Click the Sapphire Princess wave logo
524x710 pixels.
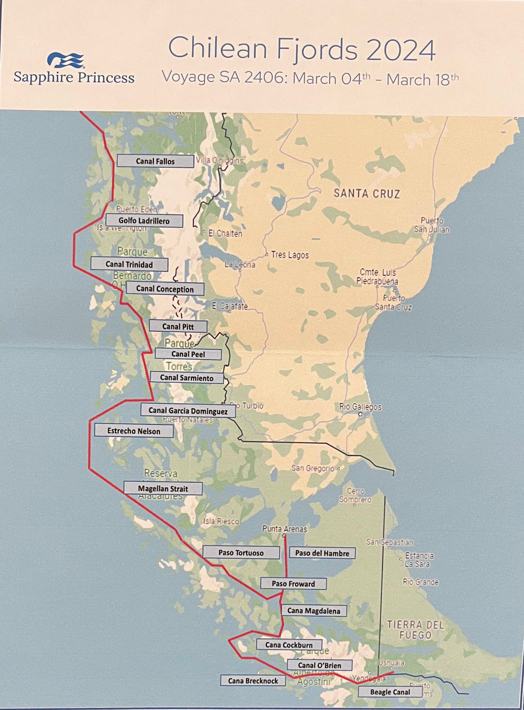[x=66, y=60]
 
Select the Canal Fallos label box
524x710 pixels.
[x=155, y=161]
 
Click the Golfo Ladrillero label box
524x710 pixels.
[x=144, y=221]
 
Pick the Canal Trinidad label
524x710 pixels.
[x=129, y=264]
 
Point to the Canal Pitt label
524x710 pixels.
[x=178, y=326]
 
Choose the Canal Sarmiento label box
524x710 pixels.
[x=187, y=378]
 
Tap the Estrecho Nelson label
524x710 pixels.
[x=134, y=431]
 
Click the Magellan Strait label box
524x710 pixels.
[x=163, y=488]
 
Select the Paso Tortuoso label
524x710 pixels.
[x=241, y=553]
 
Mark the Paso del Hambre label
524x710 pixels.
[x=322, y=553]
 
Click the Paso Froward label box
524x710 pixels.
[x=293, y=583]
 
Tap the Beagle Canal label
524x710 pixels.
[x=390, y=692]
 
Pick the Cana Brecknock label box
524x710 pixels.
[x=253, y=681]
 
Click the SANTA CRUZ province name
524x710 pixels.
[x=367, y=193]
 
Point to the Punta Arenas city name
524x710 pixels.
[x=285, y=529]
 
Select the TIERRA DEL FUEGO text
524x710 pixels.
[x=415, y=630]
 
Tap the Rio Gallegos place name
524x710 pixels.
[x=360, y=406]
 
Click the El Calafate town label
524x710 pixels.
[x=230, y=306]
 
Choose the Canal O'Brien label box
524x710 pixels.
[x=319, y=665]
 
